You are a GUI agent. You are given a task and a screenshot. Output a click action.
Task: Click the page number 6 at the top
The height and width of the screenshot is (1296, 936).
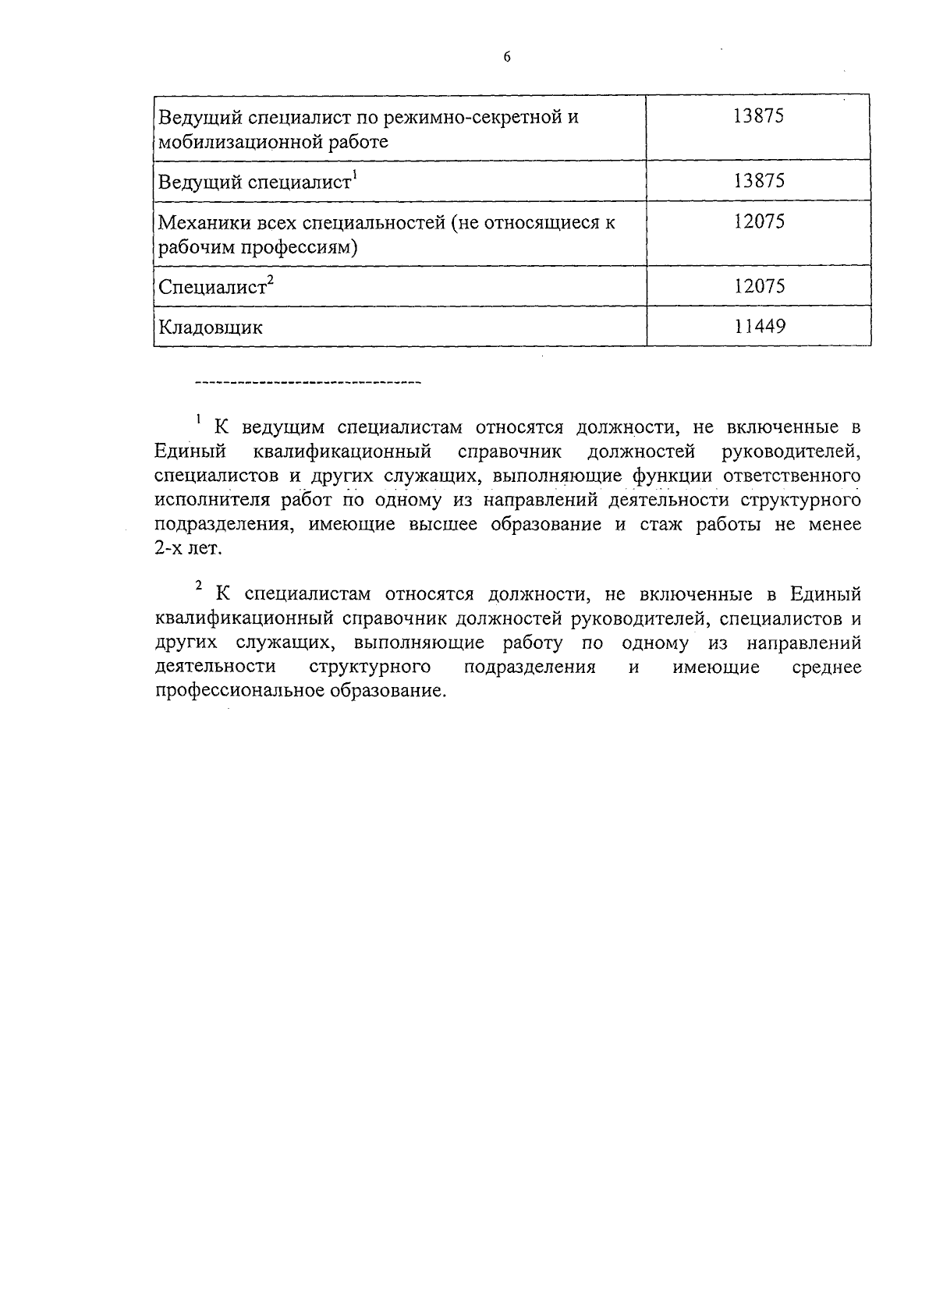tap(507, 57)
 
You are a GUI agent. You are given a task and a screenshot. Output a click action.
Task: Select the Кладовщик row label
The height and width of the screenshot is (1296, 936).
tap(211, 328)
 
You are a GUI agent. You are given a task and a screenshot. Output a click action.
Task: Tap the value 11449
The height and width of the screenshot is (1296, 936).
tap(759, 325)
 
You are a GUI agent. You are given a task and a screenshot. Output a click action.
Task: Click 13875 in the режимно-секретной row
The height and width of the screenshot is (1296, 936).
tap(759, 116)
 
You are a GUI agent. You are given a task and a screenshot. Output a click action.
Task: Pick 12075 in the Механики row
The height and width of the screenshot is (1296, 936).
tap(759, 221)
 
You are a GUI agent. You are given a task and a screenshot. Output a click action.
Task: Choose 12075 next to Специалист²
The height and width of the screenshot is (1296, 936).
tap(759, 285)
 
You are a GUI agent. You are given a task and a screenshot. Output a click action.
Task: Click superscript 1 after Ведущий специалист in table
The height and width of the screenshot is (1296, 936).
tap(354, 175)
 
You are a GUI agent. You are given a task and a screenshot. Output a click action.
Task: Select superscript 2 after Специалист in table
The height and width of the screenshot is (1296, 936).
tap(270, 281)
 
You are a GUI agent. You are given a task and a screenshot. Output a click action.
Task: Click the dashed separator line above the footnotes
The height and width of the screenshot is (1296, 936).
tap(307, 383)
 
